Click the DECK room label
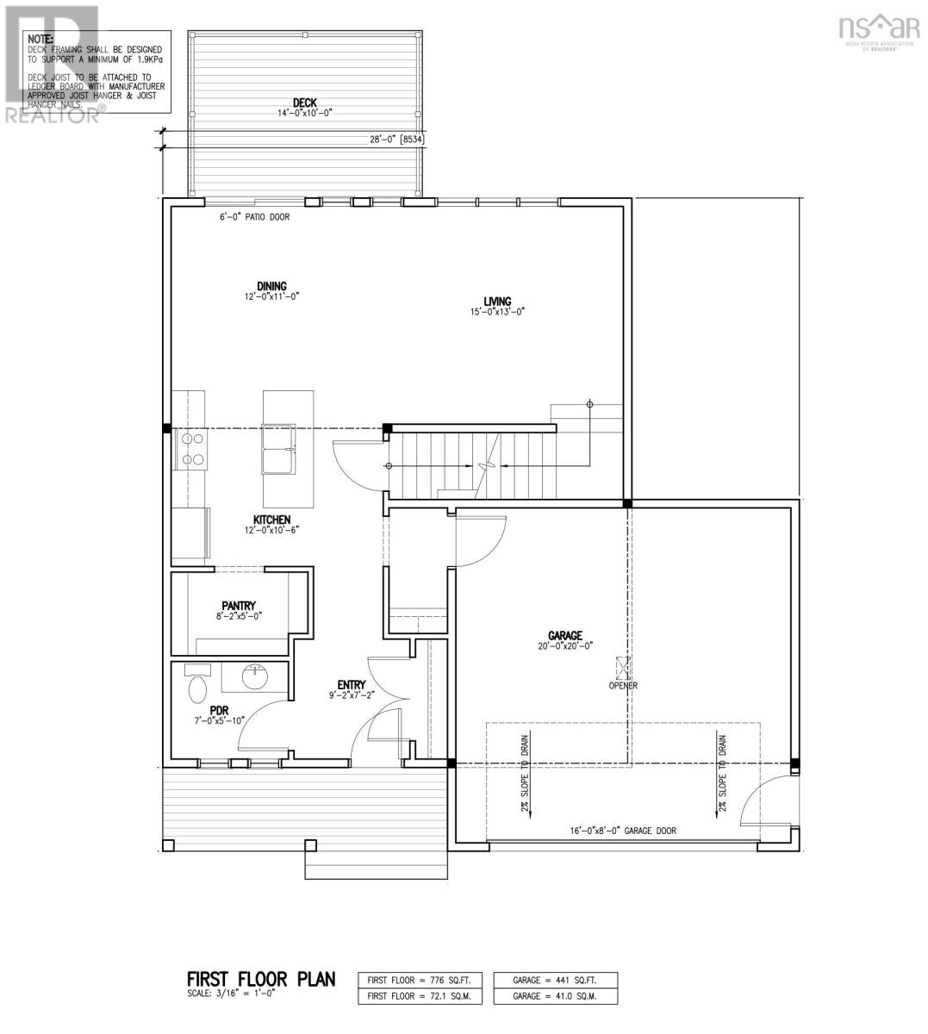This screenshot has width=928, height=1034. point(304,103)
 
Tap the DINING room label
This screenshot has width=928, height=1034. point(271,287)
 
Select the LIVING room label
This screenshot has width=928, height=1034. point(497,301)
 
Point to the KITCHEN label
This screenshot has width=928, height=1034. point(271,520)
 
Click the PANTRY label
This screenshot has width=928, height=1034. point(239,606)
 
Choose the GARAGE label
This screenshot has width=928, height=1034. point(565,635)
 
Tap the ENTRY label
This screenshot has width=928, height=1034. point(352,685)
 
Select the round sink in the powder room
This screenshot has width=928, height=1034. point(253,677)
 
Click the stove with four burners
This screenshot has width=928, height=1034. point(191,450)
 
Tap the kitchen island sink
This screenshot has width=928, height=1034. point(279,449)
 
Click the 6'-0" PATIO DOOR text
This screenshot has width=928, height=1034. point(254,217)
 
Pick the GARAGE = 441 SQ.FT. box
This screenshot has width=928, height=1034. point(556,980)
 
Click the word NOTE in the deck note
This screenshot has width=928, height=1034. point(40,40)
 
